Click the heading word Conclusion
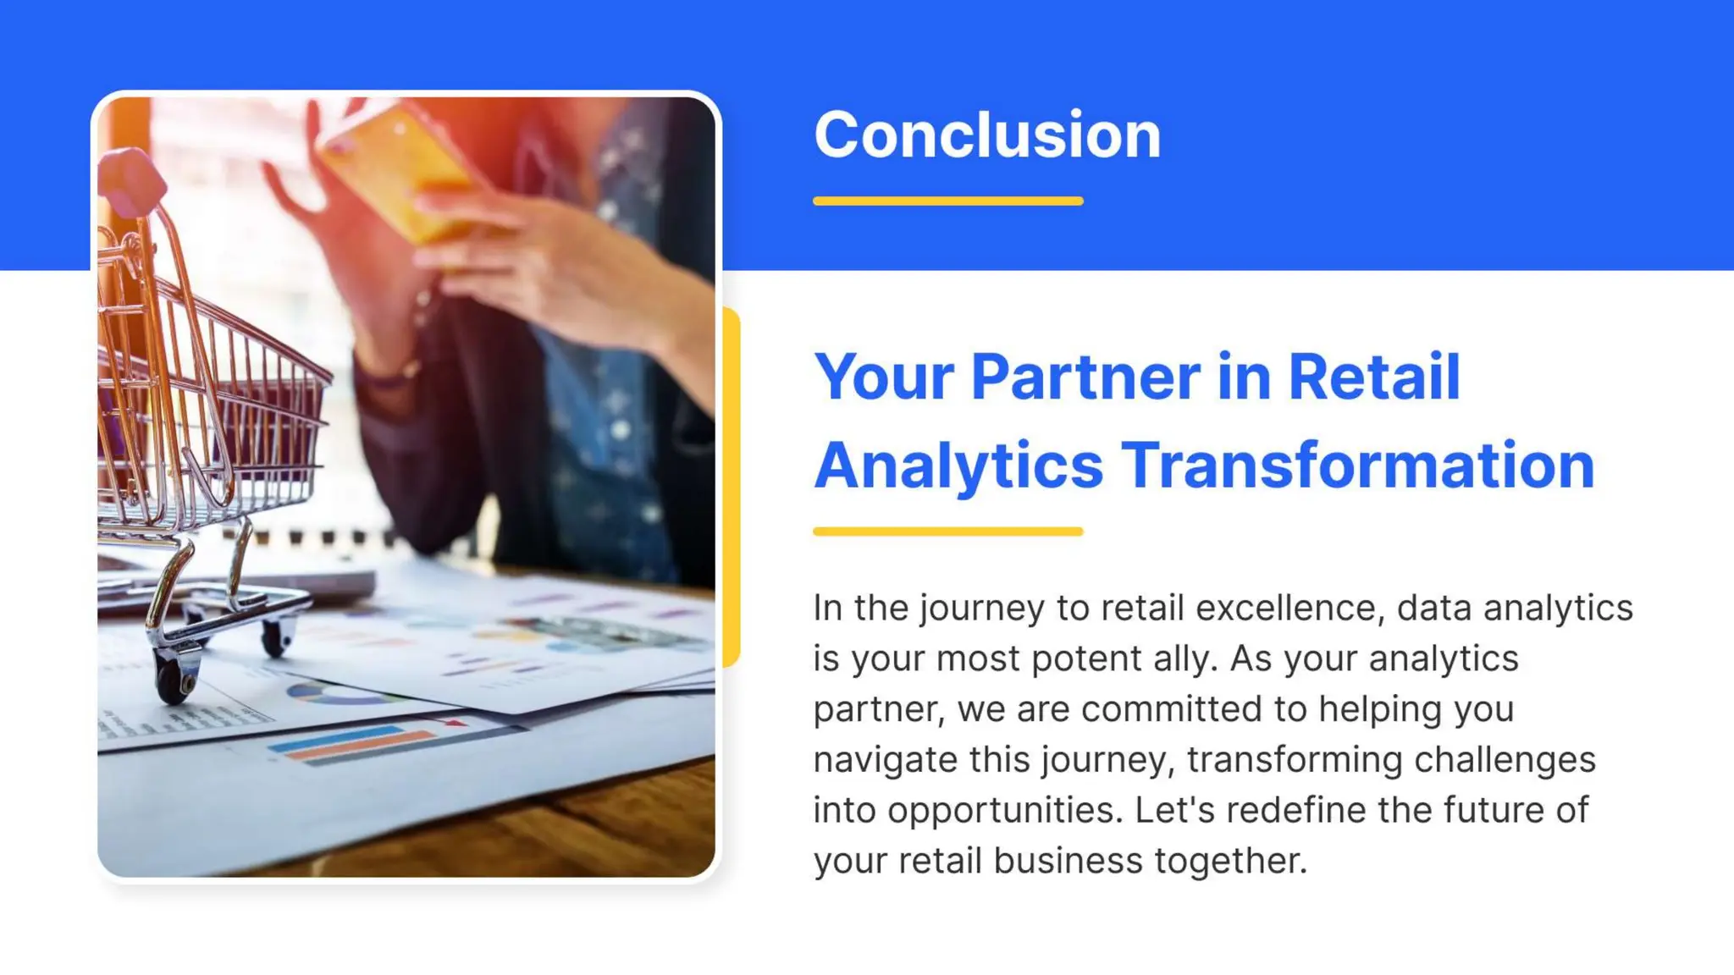[x=987, y=135]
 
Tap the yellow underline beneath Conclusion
[x=947, y=201]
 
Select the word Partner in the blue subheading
[x=1085, y=377]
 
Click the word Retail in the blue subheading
[x=1374, y=377]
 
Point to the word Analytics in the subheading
[x=958, y=465]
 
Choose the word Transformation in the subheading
[x=1358, y=465]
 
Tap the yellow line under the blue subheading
[x=947, y=532]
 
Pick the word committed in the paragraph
[x=1172, y=709]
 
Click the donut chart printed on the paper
[x=334, y=695]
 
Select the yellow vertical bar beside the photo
[x=731, y=487]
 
